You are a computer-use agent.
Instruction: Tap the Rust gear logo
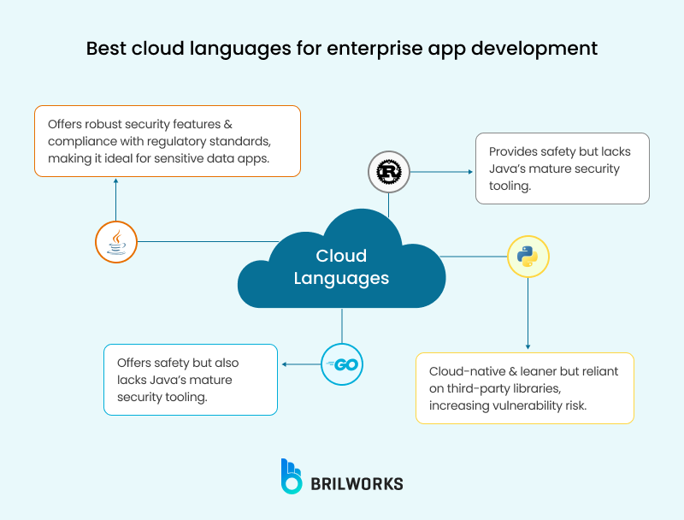point(389,172)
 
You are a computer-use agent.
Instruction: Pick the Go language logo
point(342,365)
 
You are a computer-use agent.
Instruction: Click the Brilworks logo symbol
point(292,476)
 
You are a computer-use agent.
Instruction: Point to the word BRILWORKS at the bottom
point(357,483)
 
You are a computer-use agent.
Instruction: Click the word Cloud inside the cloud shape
point(341,256)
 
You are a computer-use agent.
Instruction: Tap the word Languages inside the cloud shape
point(341,278)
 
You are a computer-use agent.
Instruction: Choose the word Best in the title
point(109,48)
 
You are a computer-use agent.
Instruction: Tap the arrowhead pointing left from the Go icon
point(285,365)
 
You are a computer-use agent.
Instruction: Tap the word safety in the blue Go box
point(177,363)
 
